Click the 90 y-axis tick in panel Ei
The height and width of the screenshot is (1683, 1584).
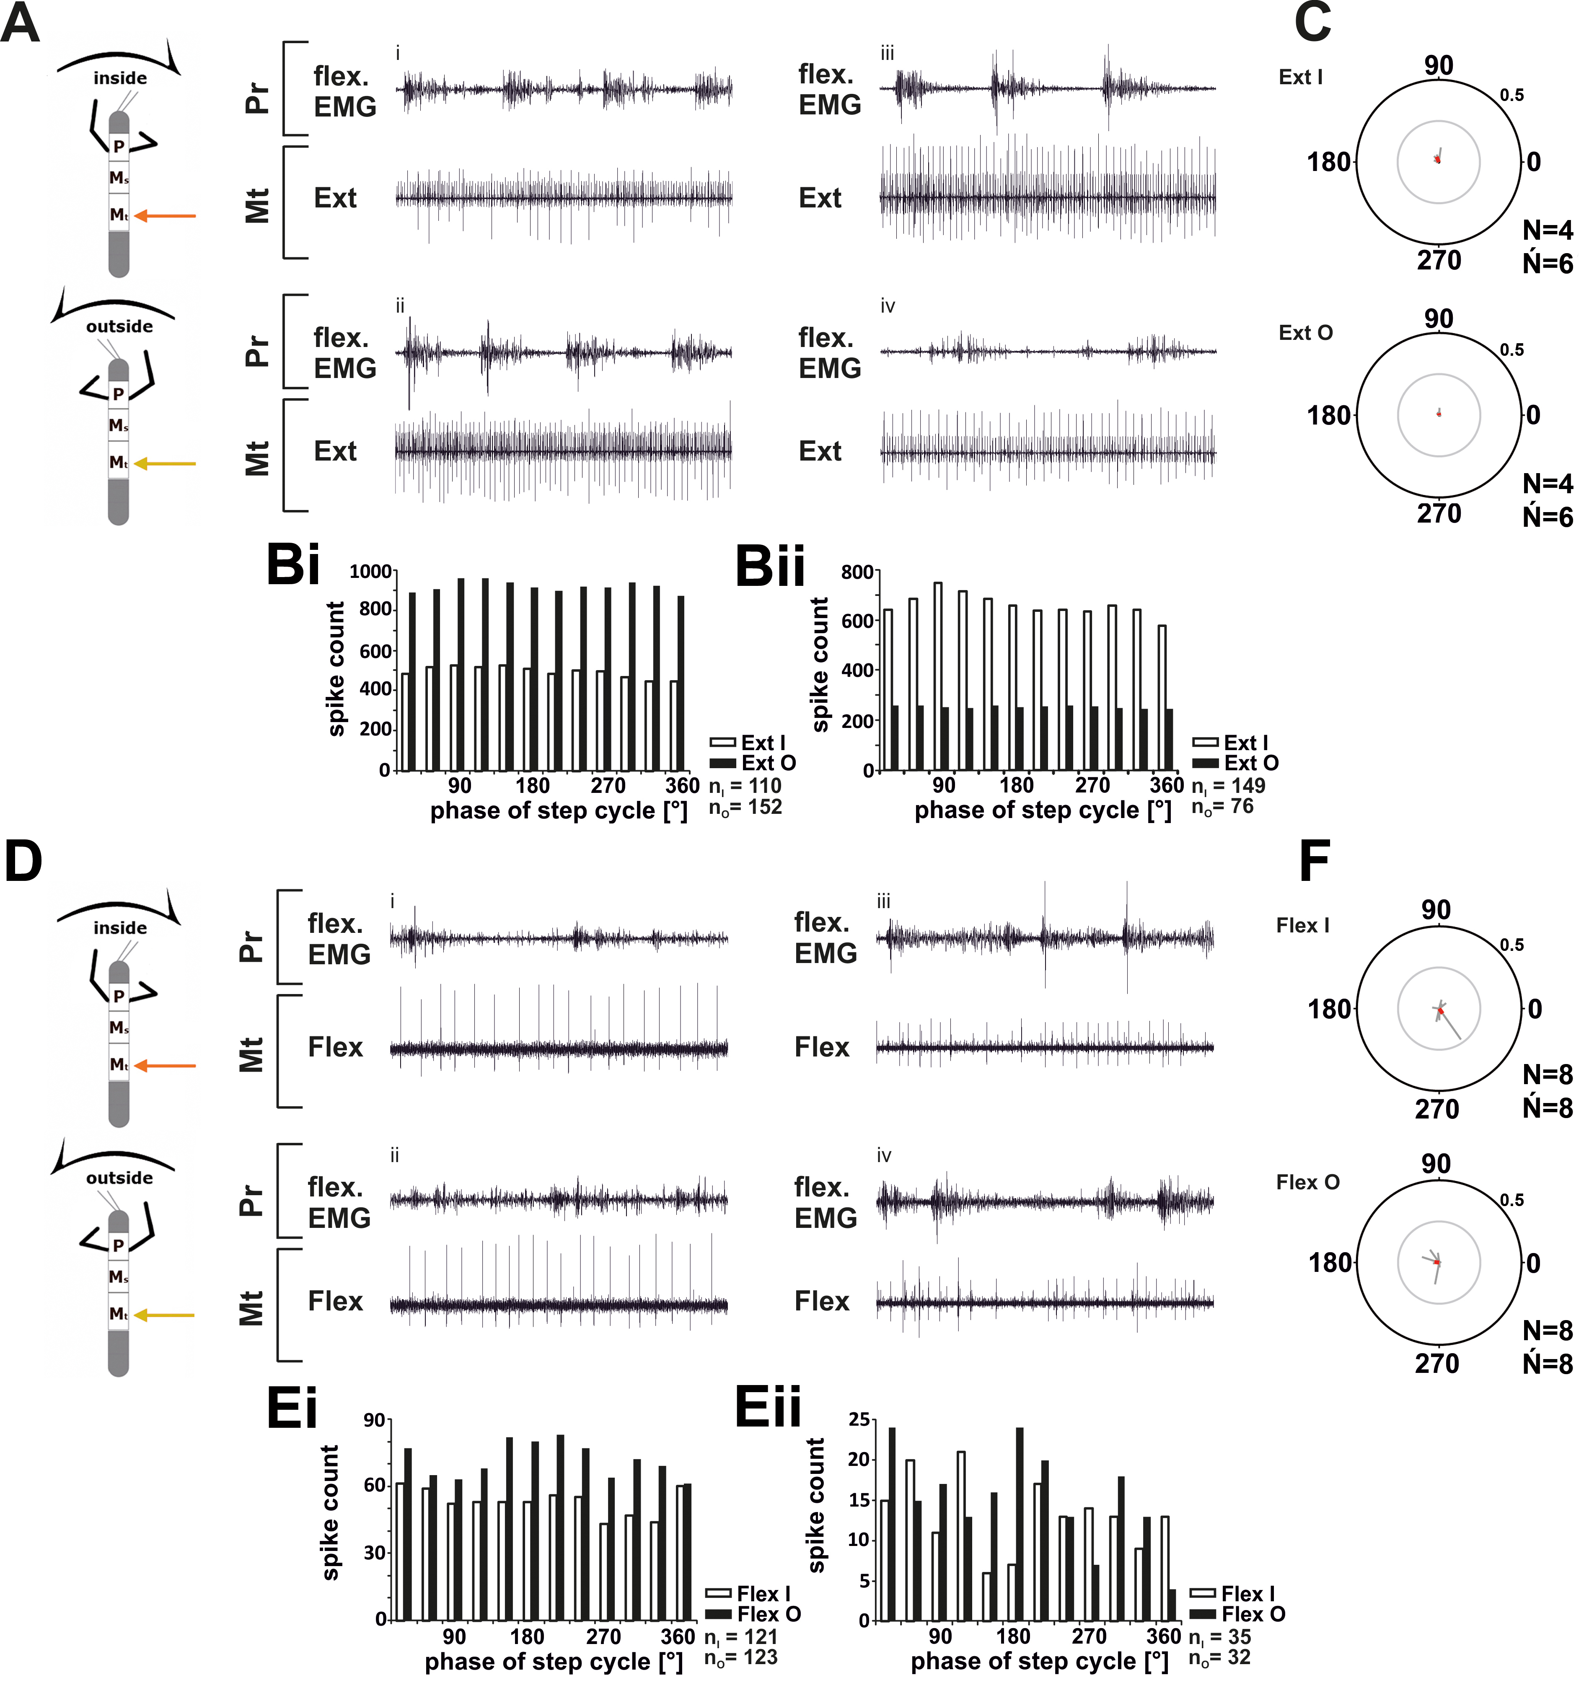[375, 1421]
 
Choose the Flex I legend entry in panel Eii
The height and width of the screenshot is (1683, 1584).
[1232, 1593]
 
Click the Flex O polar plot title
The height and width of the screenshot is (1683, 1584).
[1308, 1182]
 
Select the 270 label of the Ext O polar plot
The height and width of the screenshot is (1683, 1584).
[1439, 513]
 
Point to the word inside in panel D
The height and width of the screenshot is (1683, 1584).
[120, 928]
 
